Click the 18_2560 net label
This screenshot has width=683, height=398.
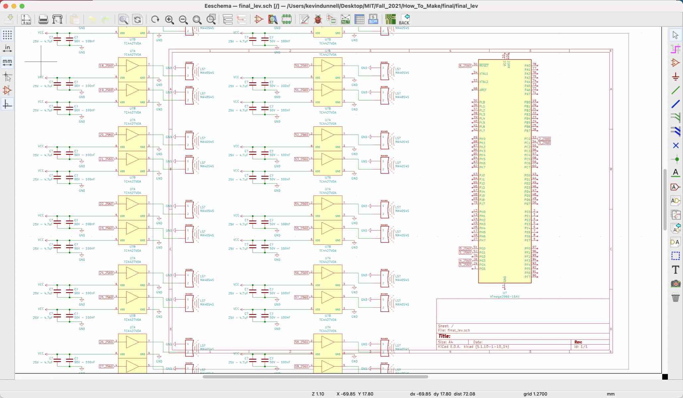[x=106, y=66]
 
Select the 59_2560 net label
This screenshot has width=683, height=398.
[x=301, y=366]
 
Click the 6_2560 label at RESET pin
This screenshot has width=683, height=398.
[x=465, y=66]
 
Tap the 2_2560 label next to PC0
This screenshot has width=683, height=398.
[x=544, y=139]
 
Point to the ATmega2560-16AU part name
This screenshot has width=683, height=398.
[x=504, y=297]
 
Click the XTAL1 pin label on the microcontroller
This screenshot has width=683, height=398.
[x=483, y=74]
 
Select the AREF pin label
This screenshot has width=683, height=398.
[x=483, y=90]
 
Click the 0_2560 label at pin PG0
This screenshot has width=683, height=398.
[x=465, y=248]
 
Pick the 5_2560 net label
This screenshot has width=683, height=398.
[x=465, y=265]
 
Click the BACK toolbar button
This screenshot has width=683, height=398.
[x=404, y=19]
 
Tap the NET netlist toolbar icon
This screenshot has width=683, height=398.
[x=345, y=19]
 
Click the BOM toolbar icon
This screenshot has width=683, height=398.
[x=373, y=19]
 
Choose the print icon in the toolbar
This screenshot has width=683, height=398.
[x=43, y=19]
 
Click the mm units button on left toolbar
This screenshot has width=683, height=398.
[x=7, y=62]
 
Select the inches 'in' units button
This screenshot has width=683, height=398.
[x=7, y=48]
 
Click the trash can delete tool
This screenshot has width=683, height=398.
[x=675, y=298]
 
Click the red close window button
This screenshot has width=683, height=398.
[x=6, y=6]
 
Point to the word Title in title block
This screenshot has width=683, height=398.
[x=444, y=336]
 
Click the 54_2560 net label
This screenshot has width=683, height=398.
[x=301, y=204]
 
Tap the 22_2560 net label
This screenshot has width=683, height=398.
[x=106, y=204]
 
